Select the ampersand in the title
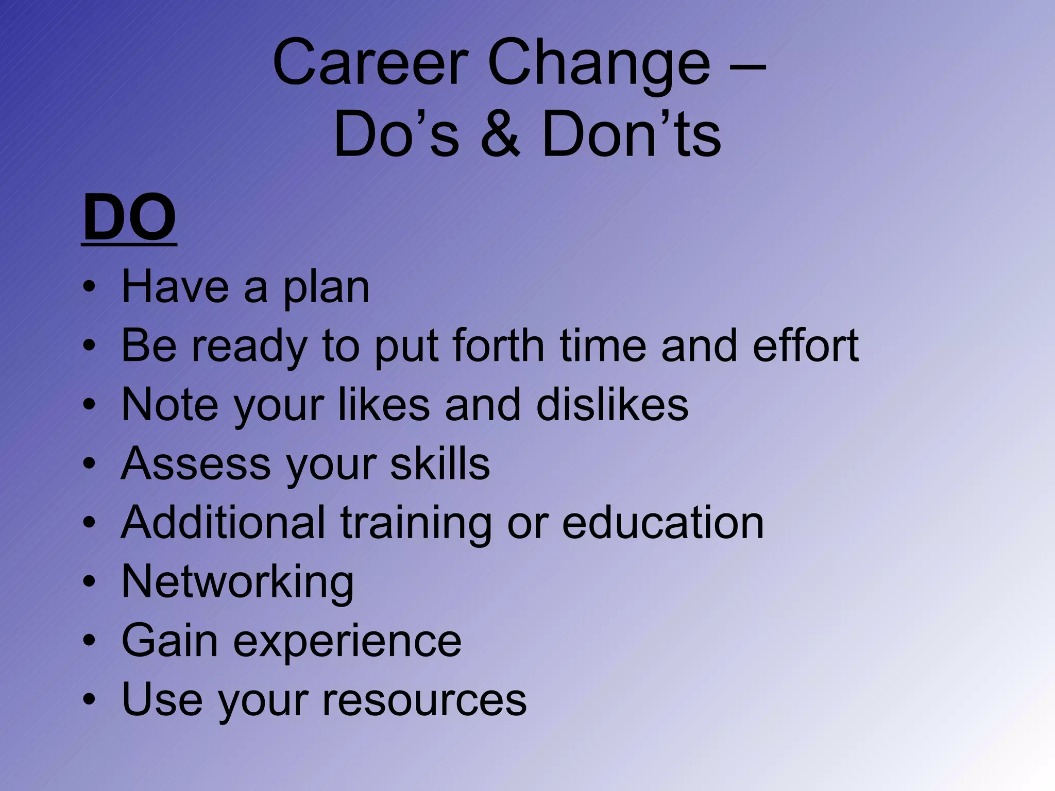[x=501, y=135]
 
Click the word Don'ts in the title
[x=632, y=135]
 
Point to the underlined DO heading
[x=129, y=218]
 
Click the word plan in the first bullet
[x=326, y=288]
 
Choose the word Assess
[x=196, y=463]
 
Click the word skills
[x=440, y=463]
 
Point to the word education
[x=662, y=523]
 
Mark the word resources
[x=424, y=700]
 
